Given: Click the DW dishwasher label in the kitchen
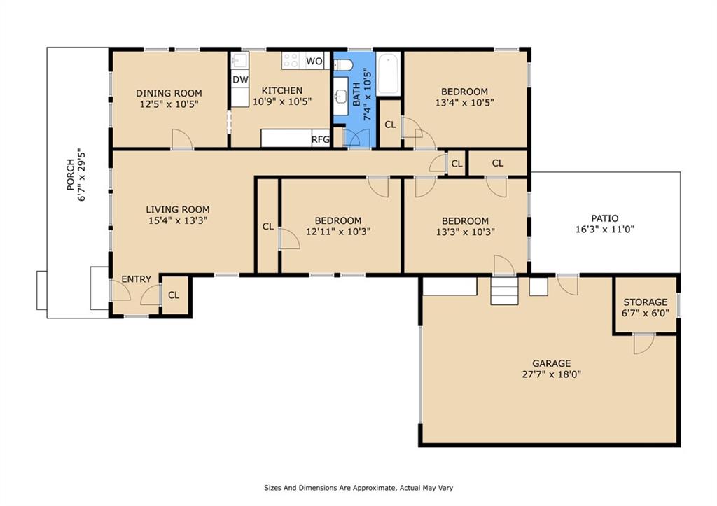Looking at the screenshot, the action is tap(240, 80).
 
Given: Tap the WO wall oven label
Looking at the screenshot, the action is tap(314, 62).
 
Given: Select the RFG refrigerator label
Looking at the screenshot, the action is tap(321, 139).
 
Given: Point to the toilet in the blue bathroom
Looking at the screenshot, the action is tap(342, 65).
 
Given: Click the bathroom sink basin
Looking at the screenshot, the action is tap(340, 97).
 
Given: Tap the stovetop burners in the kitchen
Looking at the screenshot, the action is tap(291, 61).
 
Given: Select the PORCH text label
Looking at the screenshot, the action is tap(71, 174).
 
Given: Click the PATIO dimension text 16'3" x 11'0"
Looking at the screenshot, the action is tap(604, 230).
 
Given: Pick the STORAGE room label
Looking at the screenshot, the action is tap(645, 302).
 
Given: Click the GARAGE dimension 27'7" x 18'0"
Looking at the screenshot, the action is tap(552, 374).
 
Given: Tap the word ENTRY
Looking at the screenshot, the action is tap(137, 279).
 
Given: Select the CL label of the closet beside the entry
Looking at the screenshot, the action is tap(174, 295).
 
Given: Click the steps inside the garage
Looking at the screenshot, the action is tap(504, 290).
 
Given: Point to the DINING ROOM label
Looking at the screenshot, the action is tap(169, 93).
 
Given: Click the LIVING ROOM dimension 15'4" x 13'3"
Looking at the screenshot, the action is tap(179, 220).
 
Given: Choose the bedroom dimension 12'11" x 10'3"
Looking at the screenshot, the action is tap(338, 232).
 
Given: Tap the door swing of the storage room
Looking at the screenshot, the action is tap(644, 344).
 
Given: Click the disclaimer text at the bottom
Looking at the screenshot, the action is tap(358, 488).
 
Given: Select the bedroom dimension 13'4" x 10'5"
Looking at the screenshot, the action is tap(465, 102).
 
